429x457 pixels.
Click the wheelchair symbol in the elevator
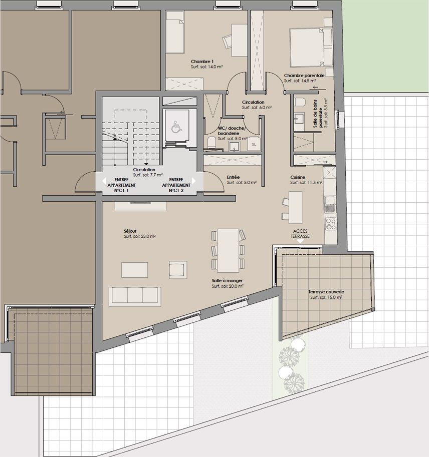point(175,127)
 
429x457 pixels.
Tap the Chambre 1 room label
point(202,62)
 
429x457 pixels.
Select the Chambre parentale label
point(304,76)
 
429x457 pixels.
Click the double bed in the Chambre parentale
point(311,48)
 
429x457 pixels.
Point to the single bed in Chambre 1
point(175,36)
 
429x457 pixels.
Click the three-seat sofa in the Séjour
point(135,297)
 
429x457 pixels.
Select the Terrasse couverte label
point(326,292)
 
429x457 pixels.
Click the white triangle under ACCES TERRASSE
point(300,242)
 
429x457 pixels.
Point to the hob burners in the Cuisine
point(331,224)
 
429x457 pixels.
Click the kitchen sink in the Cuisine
point(330,204)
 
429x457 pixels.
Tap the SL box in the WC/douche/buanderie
point(254,144)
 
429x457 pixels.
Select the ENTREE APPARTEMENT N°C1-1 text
point(121,185)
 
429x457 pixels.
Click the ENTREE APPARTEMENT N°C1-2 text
point(176,185)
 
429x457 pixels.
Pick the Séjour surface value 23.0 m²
point(139,236)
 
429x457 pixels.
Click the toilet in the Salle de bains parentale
point(299,102)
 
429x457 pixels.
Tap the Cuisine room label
point(298,177)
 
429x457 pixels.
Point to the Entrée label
point(233,177)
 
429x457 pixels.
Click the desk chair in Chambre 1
point(227,42)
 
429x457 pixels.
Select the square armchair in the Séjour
point(178,269)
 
